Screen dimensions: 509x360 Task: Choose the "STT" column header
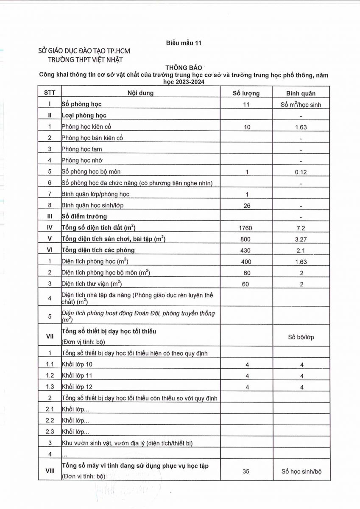pos(50,93)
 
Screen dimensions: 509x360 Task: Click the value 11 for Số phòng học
pos(246,104)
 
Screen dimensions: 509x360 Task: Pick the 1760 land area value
pos(246,228)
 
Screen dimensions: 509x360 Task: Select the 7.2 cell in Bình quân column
pos(301,228)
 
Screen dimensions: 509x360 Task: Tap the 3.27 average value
pos(301,239)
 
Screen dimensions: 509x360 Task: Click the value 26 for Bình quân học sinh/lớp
pos(247,205)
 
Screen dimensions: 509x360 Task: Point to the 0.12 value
pos(301,172)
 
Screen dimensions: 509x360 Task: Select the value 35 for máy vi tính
pos(246,471)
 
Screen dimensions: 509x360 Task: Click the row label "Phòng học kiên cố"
pos(87,126)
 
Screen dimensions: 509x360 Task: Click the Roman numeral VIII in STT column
pos(50,471)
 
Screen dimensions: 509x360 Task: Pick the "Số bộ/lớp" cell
pos(301,338)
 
